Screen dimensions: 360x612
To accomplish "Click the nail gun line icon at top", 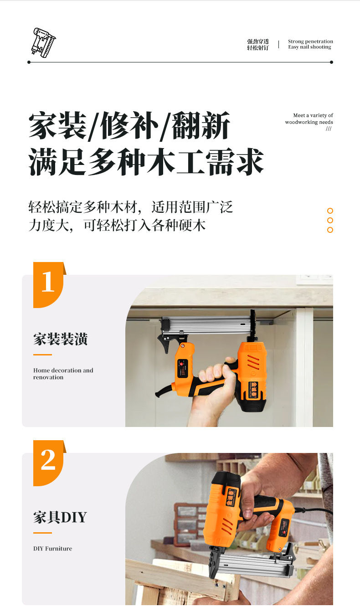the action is (43, 42).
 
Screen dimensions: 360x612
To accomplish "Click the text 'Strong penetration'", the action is (310, 41).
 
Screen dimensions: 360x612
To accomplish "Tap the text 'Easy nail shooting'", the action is (309, 47).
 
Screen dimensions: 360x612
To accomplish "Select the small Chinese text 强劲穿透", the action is (258, 41).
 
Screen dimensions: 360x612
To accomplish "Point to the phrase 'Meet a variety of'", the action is (313, 115).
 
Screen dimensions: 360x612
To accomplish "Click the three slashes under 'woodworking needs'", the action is (329, 129).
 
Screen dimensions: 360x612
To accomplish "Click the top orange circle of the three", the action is (330, 211).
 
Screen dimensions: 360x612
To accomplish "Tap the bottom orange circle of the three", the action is (330, 230).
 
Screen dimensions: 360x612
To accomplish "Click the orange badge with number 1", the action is (49, 285).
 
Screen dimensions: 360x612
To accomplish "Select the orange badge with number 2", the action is (49, 463).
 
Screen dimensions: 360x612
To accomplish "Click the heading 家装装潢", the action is (60, 339).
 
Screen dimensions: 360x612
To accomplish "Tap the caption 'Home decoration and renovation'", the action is (63, 374).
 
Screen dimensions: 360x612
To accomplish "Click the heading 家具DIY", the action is (60, 517).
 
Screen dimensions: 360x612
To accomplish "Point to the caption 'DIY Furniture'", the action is (53, 548).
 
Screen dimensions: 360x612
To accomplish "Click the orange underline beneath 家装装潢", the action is (43, 355).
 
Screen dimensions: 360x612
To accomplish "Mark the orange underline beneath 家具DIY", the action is (43, 533).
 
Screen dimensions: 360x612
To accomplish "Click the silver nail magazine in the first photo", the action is (208, 324).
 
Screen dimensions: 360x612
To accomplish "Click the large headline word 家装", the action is (58, 126).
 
